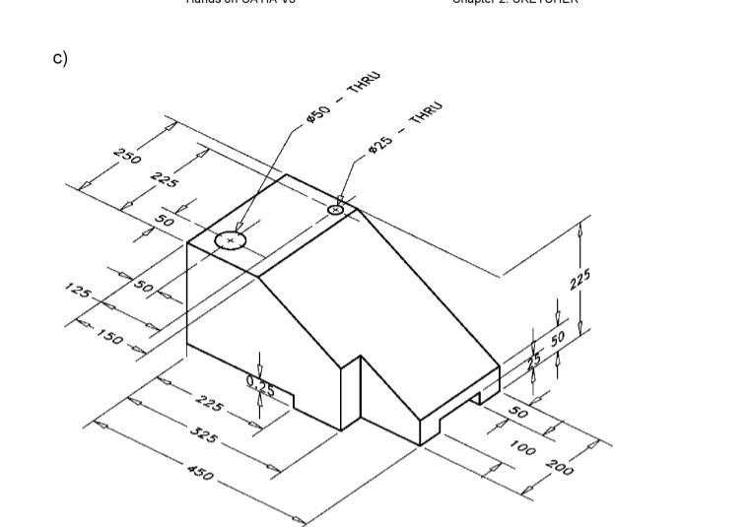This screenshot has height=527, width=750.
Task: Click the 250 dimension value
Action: [x=128, y=156]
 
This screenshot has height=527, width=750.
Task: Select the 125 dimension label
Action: [x=78, y=291]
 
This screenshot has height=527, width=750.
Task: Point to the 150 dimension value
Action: [x=109, y=335]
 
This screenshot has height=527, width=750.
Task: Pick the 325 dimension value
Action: [x=203, y=434]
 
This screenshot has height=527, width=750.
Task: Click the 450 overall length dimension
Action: [x=199, y=474]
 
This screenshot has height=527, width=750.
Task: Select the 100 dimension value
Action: [x=523, y=448]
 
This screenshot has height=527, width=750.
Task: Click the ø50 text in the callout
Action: [x=317, y=114]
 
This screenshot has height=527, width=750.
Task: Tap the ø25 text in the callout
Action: [x=380, y=142]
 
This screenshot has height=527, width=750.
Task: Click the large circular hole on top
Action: [x=231, y=239]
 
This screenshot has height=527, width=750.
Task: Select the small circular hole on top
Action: [x=336, y=209]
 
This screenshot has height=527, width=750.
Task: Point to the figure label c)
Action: [x=60, y=58]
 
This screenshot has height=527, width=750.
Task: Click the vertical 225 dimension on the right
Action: [x=580, y=280]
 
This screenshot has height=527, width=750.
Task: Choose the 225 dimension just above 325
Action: [x=210, y=404]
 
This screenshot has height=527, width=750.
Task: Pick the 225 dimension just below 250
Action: [x=165, y=179]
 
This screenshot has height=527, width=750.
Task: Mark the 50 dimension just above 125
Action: [x=144, y=287]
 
